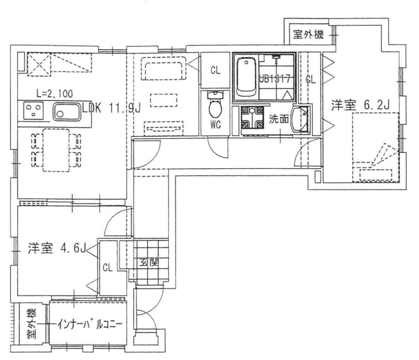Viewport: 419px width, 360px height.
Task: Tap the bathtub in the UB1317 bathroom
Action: pos(246,78)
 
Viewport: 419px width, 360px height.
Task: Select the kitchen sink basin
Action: pos(68,112)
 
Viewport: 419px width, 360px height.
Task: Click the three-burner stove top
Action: pos(34,111)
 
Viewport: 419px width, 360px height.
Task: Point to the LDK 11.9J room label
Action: pos(112,108)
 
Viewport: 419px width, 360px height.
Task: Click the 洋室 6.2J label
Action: pos(360,105)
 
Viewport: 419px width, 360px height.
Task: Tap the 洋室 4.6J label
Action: pos(57,248)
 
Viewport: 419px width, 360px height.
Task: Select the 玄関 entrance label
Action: pos(149,262)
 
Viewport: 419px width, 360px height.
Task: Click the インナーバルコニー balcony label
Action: pos(90,324)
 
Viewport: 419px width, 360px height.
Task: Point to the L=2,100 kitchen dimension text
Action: pos(54,94)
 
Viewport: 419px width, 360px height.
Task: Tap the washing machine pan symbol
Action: pos(252,117)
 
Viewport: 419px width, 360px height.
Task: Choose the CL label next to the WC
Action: pos(215,70)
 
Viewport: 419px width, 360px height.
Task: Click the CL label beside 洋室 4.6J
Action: pos(108,267)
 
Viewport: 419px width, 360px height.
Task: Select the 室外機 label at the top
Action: pos(308,35)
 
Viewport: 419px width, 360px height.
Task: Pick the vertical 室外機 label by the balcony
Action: pos(31,324)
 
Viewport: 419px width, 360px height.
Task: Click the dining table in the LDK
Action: pos(56,150)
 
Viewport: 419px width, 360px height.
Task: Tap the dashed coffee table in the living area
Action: pos(163,100)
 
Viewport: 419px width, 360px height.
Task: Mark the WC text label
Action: pos(215,125)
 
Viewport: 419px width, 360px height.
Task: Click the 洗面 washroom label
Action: pos(279,119)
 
